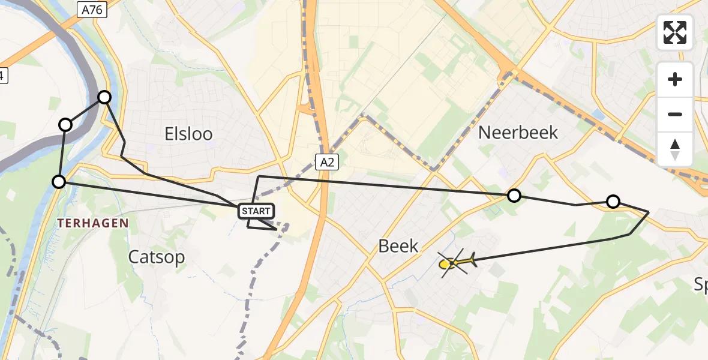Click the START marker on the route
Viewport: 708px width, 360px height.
pos(257,211)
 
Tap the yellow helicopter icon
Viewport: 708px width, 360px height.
pos(457,262)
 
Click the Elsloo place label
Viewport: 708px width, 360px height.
pos(188,134)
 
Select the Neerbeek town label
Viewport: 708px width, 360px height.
pos(518,133)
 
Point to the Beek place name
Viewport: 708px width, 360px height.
pos(398,245)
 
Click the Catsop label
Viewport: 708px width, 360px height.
pos(157,257)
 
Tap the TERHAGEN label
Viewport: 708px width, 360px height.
pos(93,223)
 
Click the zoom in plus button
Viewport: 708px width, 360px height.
pos(675,79)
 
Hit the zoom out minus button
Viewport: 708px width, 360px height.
pos(675,114)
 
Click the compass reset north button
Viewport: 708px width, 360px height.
pos(675,149)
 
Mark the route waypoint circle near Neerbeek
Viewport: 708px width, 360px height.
pos(514,195)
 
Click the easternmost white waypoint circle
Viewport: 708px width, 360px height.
pos(613,202)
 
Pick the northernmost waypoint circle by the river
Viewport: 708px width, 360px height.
pos(104,97)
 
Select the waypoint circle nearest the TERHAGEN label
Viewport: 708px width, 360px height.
pos(59,181)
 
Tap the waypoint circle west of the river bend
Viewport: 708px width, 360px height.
pos(65,125)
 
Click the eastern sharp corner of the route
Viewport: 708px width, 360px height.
pos(649,212)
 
